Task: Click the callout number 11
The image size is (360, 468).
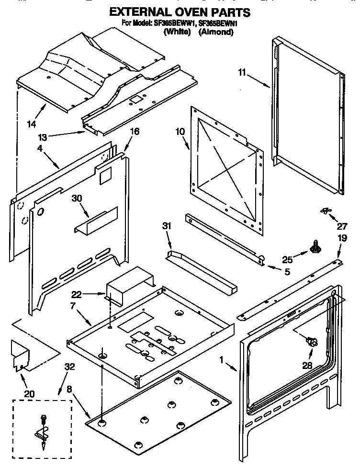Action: pos(242,73)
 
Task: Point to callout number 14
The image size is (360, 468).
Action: pos(32,125)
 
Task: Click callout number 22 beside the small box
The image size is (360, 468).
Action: pos(77,295)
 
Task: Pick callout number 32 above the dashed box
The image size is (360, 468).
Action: pos(70,368)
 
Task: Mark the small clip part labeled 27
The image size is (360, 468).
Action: pos(326,210)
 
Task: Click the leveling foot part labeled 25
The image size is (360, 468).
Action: pos(315,247)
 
